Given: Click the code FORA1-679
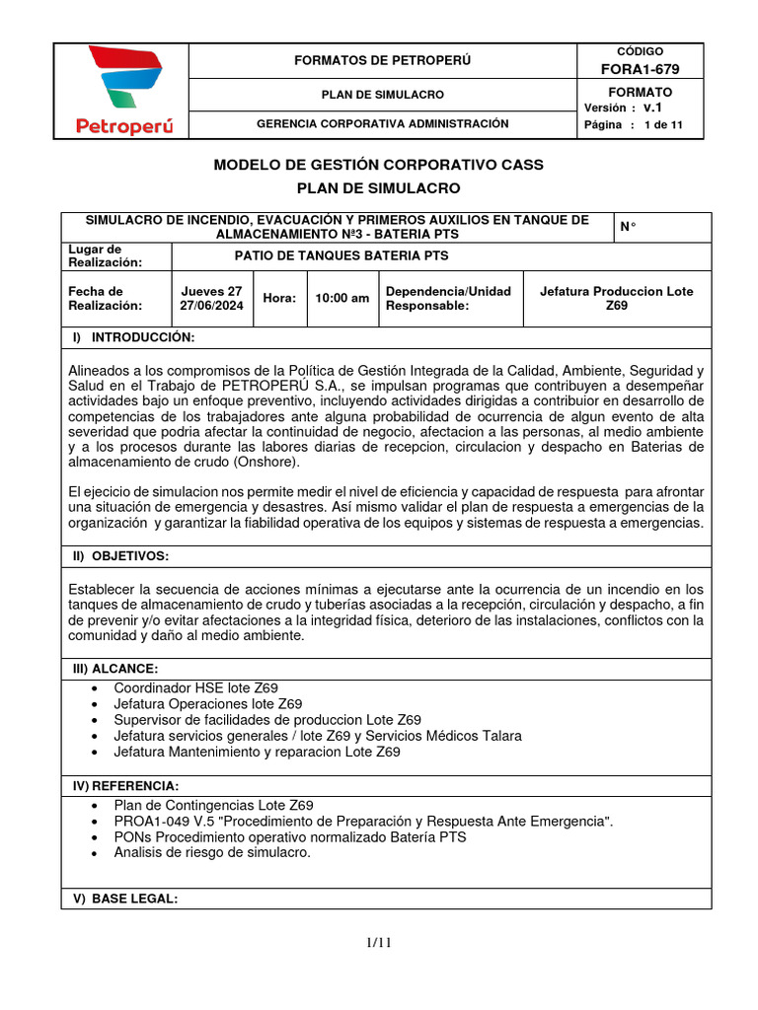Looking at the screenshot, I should (x=640, y=68).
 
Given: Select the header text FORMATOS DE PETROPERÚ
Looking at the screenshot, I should (x=383, y=60).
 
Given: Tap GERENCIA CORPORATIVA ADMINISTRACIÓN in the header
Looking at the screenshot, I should (x=383, y=124).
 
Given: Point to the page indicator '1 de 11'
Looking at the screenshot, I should (x=655, y=125).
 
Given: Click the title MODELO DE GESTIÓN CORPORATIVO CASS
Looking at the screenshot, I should (x=379, y=164).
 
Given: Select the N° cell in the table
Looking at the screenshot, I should (x=628, y=227).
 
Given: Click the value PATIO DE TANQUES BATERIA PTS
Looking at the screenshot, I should (x=341, y=255).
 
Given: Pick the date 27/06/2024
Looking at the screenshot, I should (x=211, y=306).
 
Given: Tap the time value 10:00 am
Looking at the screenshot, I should (x=341, y=299).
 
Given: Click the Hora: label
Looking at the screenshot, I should (x=279, y=299).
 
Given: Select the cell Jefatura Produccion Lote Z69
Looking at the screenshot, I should (x=617, y=299).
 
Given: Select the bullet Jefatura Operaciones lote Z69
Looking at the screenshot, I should (x=208, y=704).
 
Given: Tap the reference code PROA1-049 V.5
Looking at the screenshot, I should (x=163, y=821).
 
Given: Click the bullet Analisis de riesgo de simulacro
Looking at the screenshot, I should (x=212, y=852).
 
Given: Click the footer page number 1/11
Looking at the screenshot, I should (x=379, y=943).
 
